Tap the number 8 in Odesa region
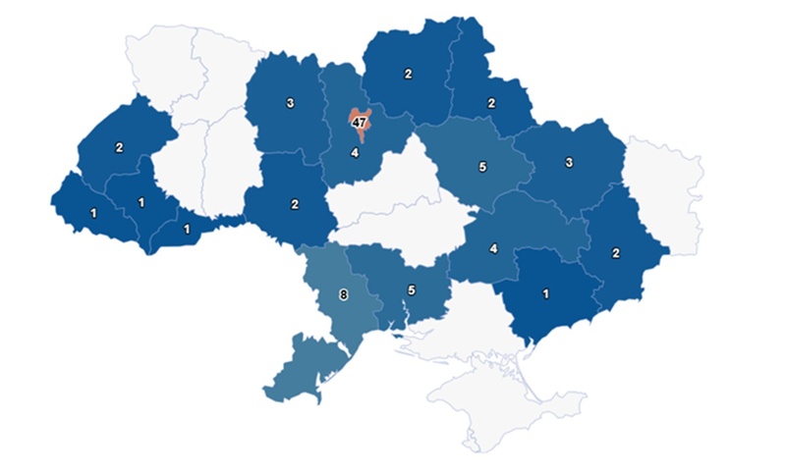[343, 292]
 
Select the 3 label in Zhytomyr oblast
[291, 103]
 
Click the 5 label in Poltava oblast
[481, 167]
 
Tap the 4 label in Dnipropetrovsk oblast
[493, 247]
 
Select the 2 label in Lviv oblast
[119, 148]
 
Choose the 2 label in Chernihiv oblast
[408, 74]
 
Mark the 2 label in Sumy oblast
[493, 103]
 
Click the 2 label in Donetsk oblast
[616, 253]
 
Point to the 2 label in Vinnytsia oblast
[295, 204]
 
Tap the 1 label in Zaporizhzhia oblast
[545, 290]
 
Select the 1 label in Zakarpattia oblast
[93, 212]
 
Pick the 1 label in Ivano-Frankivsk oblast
[141, 202]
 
